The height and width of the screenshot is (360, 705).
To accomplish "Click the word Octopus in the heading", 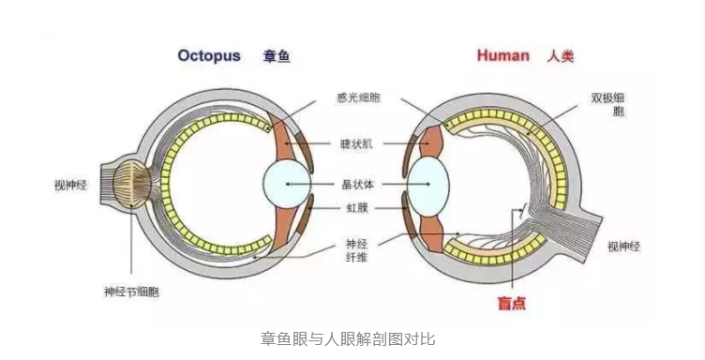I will tap(209, 55).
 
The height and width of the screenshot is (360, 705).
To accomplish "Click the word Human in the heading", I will tap(503, 55).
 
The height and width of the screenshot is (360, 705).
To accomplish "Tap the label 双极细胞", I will tap(607, 104).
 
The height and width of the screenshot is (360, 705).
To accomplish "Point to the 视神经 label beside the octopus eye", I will tap(71, 186).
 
